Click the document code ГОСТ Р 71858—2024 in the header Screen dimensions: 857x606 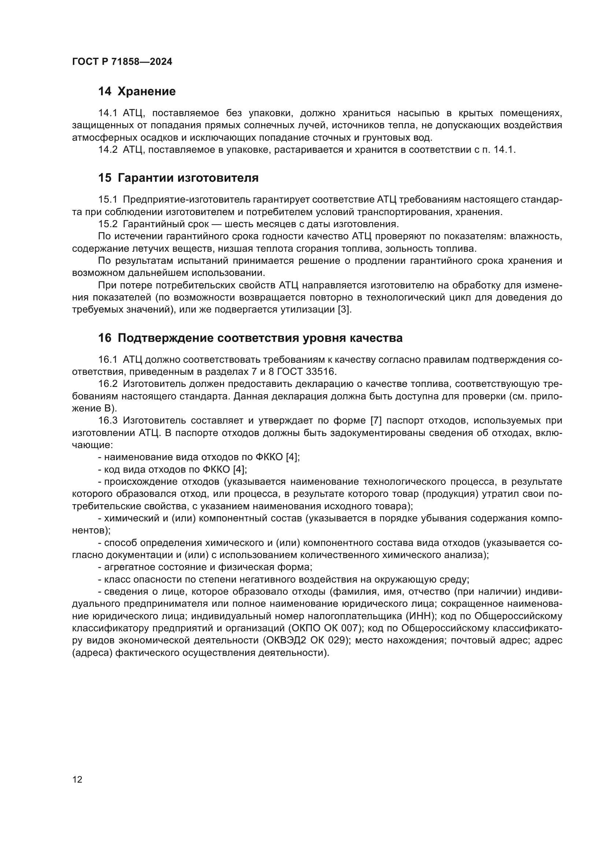coord(122,62)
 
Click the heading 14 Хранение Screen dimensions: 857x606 coord(137,92)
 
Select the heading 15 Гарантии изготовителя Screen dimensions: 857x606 coord(178,178)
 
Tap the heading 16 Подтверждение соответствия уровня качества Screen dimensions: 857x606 coord(250,338)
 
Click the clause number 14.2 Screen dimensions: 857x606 coord(107,150)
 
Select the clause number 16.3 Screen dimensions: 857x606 coord(107,421)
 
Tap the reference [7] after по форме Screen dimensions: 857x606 coord(376,421)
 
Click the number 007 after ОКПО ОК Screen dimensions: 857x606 coord(351,628)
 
